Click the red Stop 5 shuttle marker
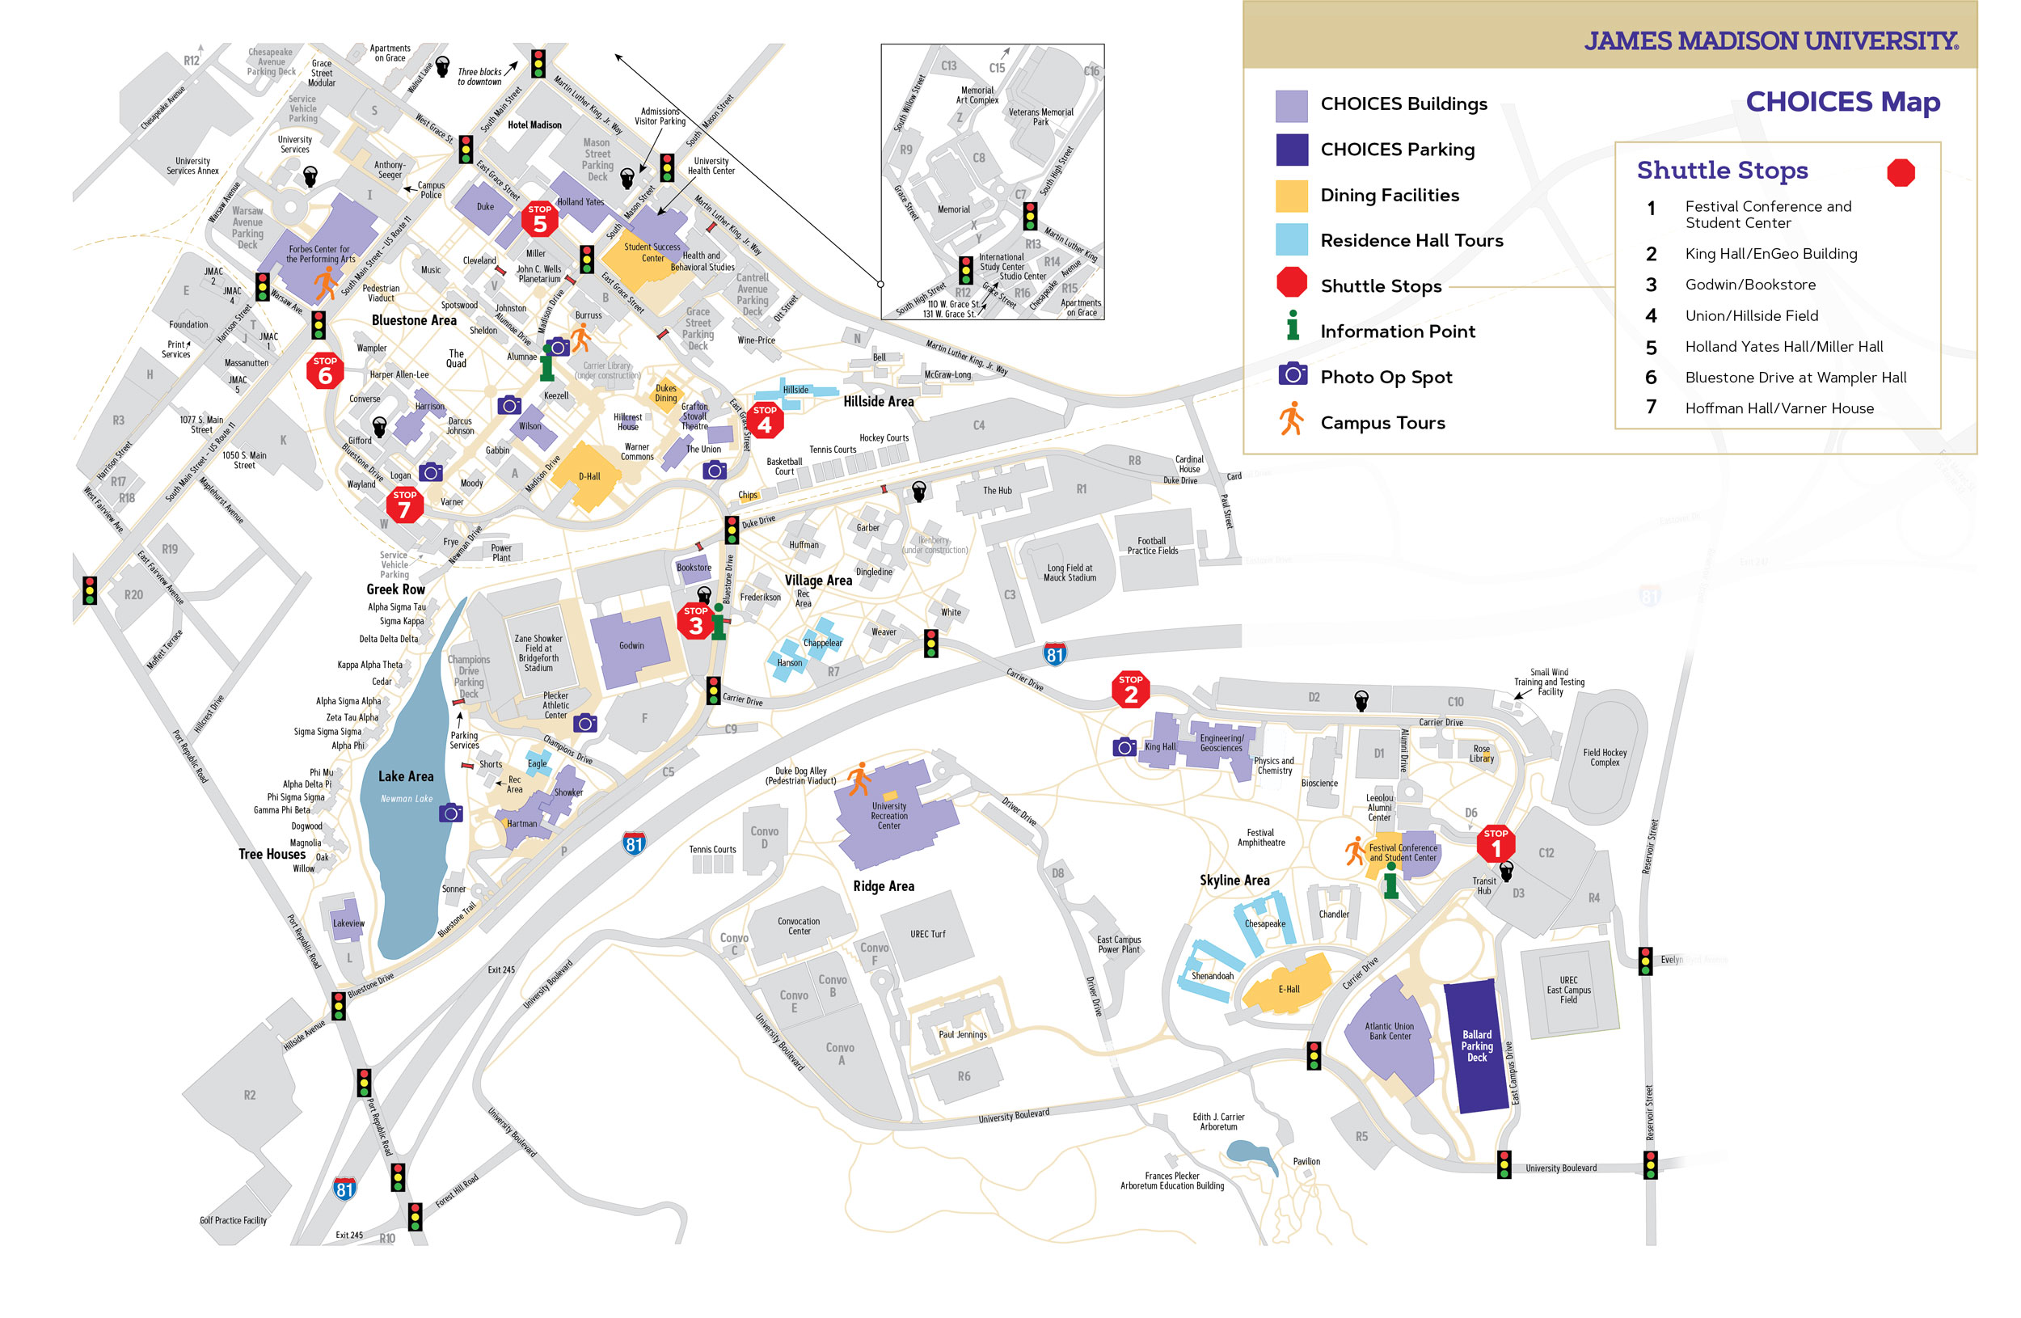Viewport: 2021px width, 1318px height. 539,220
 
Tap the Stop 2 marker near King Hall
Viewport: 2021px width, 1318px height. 1130,690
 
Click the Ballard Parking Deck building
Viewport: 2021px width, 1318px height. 1477,1046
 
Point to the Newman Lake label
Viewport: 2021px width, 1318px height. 406,798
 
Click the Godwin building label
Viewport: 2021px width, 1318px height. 631,645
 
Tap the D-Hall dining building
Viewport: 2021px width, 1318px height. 589,476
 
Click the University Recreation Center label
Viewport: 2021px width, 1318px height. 889,815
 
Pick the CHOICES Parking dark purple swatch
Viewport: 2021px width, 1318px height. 1292,150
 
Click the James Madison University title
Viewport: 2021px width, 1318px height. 1771,40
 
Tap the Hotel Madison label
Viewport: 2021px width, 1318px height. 534,125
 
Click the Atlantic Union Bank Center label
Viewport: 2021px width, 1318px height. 1389,1031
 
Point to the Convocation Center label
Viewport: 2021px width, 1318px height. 798,926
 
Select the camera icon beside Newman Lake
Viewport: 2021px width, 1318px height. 451,813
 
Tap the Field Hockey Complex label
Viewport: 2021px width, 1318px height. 1604,758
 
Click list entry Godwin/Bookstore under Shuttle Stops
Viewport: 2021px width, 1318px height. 1750,285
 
